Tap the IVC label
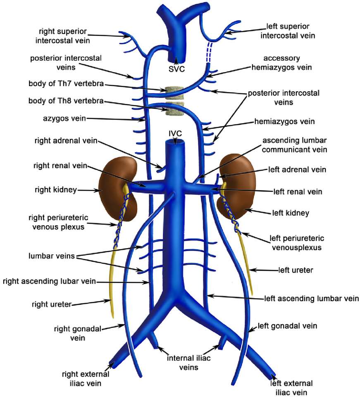click(176, 133)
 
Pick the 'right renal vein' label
click(60, 166)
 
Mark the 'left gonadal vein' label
click(287, 326)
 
